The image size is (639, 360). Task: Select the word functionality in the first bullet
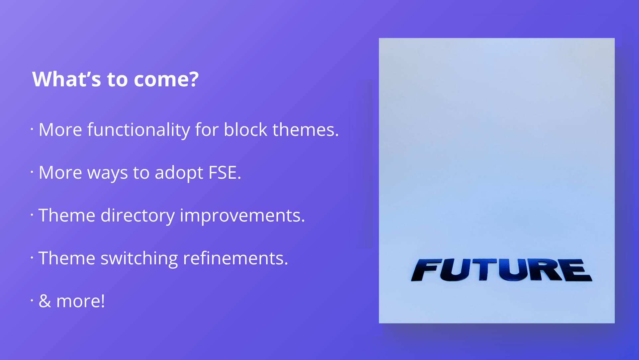click(x=138, y=130)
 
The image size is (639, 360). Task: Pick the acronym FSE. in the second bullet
click(x=225, y=172)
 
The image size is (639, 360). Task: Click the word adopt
click(x=179, y=173)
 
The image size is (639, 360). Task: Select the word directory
click(x=137, y=216)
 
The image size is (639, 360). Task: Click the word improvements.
click(x=242, y=216)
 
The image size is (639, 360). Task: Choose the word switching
click(x=139, y=259)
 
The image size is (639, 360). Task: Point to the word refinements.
click(x=235, y=258)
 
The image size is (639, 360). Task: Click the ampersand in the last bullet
click(x=45, y=301)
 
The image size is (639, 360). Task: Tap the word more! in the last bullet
click(x=81, y=302)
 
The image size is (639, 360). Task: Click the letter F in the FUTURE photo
click(x=426, y=270)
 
